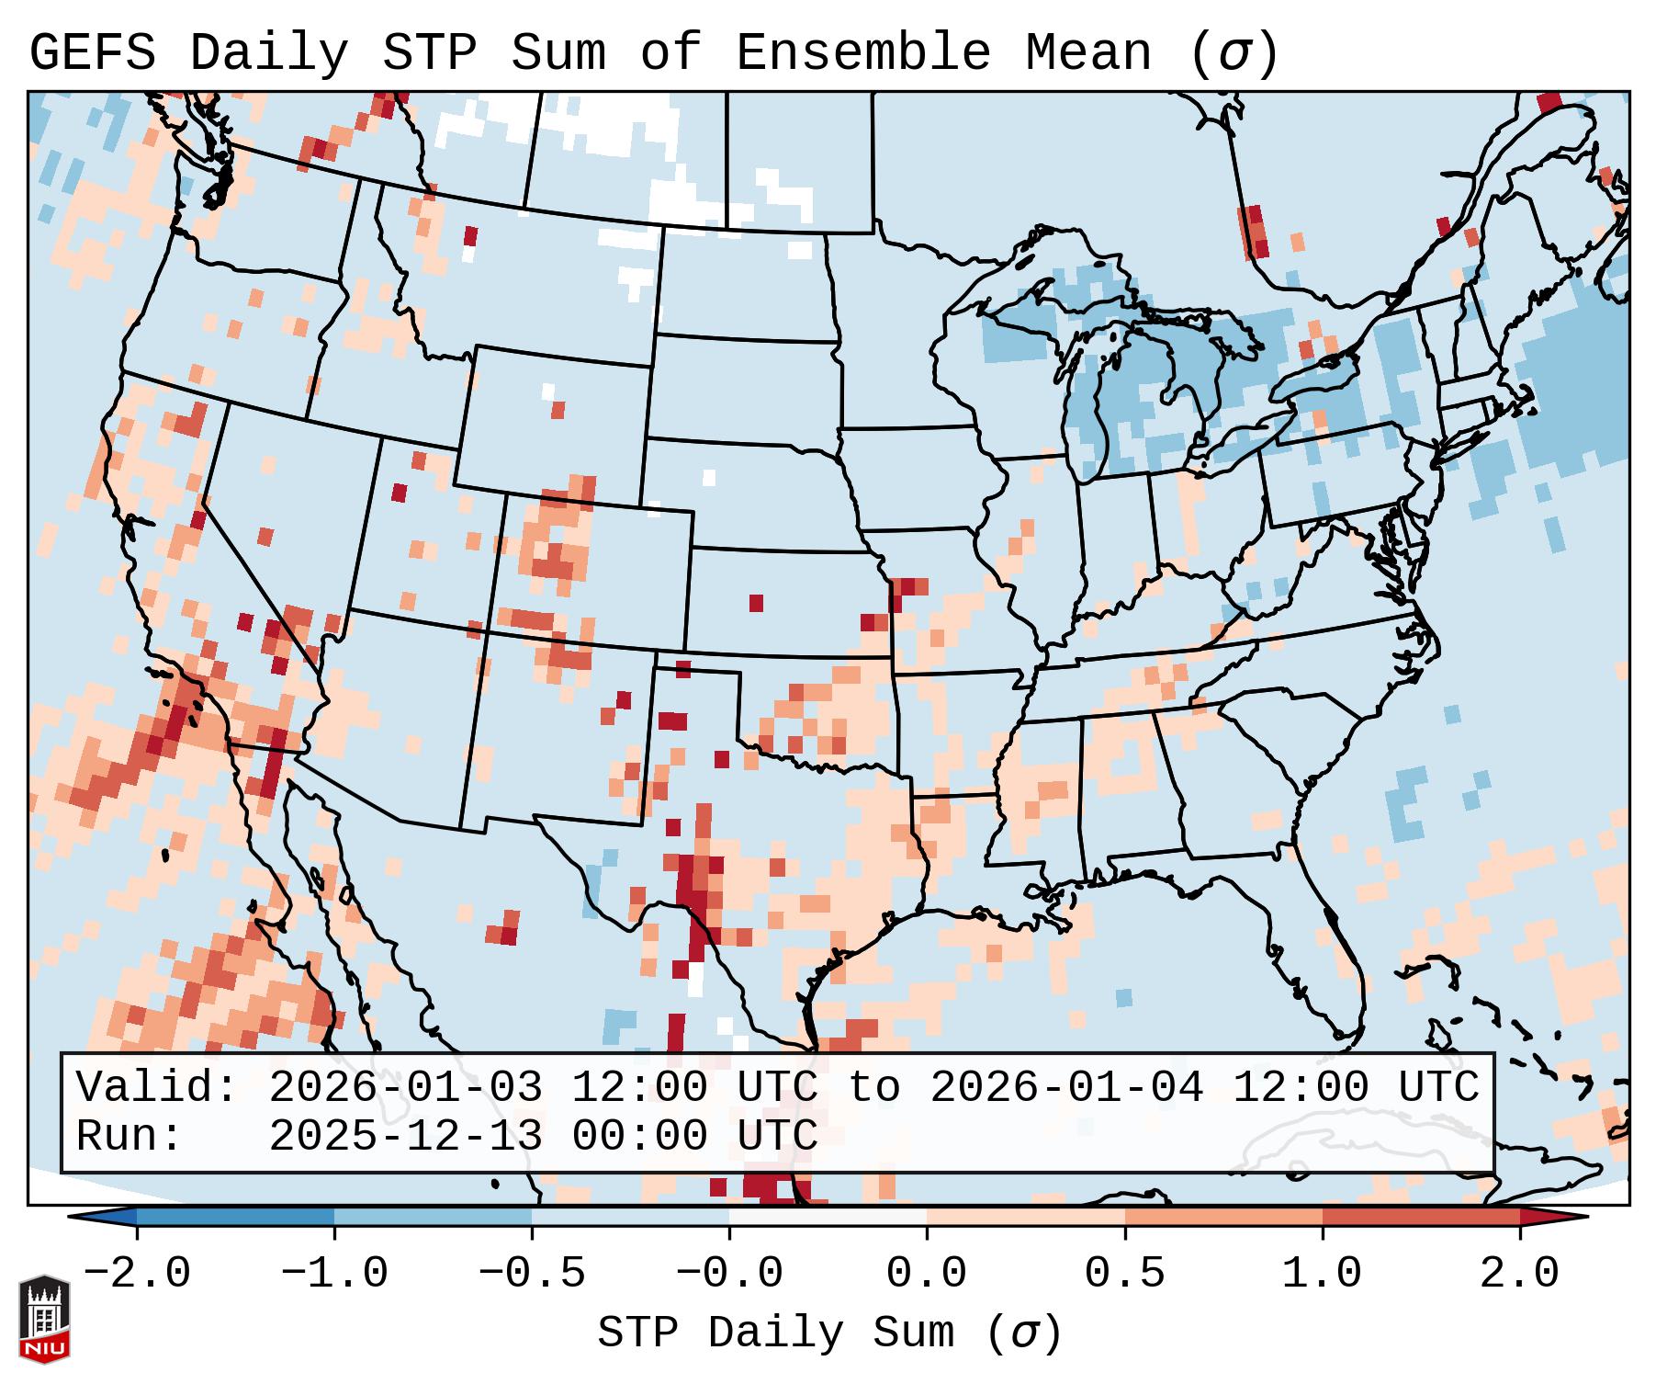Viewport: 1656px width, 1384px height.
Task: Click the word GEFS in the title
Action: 92,52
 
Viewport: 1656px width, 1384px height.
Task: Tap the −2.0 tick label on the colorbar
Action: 137,1274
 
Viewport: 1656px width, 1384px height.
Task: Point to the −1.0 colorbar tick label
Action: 334,1274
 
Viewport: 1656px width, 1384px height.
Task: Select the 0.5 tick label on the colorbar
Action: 1124,1274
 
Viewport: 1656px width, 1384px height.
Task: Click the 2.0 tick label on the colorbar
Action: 1519,1274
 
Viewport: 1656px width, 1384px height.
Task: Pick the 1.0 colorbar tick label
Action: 1322,1274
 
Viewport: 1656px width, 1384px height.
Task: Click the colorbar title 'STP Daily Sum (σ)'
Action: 829,1333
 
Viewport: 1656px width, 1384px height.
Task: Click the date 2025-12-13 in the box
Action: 404,1136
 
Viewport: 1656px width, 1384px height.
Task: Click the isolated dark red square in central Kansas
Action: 756,603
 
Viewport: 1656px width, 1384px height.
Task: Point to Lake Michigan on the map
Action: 1125,386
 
